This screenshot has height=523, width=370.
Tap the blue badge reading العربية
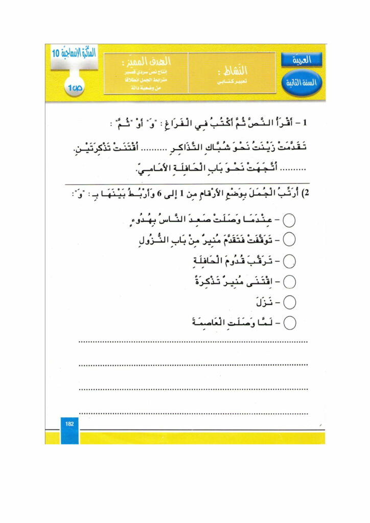(x=301, y=60)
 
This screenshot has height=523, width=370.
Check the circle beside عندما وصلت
(x=289, y=221)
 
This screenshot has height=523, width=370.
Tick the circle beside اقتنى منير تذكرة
(x=289, y=281)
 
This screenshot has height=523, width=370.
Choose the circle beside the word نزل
(x=289, y=302)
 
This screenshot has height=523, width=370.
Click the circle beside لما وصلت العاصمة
(x=289, y=322)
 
